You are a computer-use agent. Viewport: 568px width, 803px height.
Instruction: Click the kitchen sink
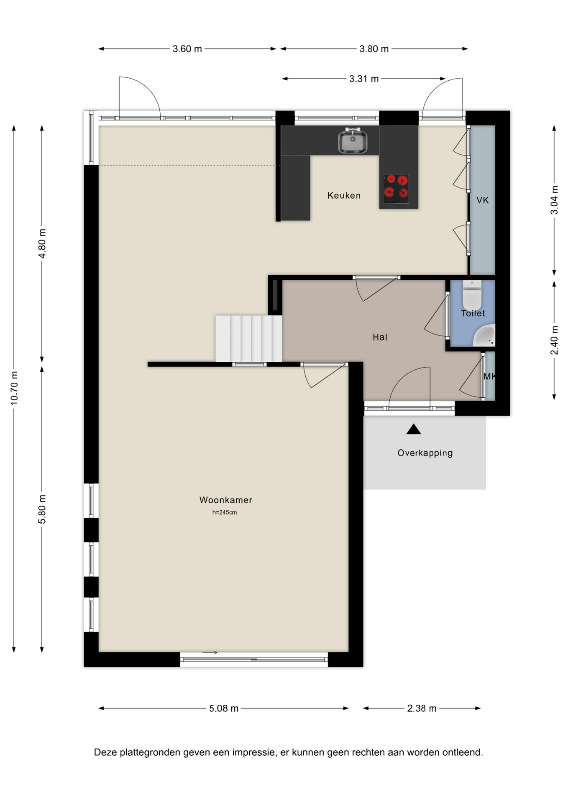(353, 141)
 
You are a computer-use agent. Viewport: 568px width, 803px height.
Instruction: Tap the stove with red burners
(396, 189)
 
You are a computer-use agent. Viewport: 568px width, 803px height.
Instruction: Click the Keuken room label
(344, 195)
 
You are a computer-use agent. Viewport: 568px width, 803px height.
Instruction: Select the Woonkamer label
(226, 500)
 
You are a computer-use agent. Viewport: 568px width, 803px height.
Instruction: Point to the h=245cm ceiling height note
(225, 512)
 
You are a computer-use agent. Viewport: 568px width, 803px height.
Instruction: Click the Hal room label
(380, 337)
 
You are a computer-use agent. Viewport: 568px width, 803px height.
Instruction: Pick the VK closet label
(482, 200)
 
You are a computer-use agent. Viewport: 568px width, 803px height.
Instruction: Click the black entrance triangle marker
(414, 429)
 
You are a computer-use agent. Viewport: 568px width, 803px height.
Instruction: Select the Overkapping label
(425, 453)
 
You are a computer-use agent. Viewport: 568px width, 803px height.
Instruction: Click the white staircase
(248, 338)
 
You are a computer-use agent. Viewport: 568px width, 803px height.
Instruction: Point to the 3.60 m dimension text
(187, 49)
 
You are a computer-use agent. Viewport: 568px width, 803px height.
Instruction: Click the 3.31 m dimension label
(364, 79)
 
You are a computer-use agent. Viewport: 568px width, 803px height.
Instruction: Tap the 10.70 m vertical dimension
(14, 388)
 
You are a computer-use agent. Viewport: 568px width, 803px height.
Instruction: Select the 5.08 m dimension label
(224, 708)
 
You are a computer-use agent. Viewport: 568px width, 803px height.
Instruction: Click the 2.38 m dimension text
(422, 708)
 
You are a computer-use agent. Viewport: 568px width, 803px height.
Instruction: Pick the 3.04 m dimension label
(554, 200)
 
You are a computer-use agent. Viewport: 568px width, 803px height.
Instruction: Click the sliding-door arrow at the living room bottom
(210, 652)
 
